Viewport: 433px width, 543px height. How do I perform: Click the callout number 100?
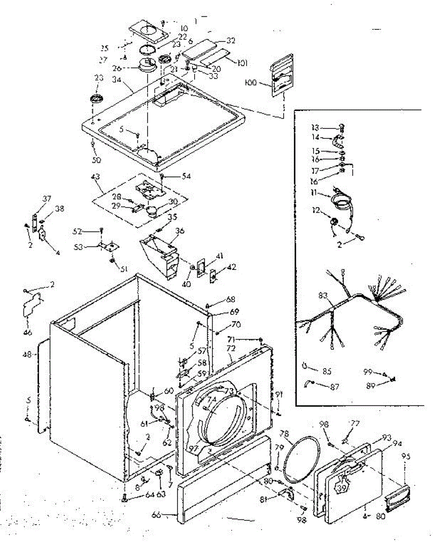263,83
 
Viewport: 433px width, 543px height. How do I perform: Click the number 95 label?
405,457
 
